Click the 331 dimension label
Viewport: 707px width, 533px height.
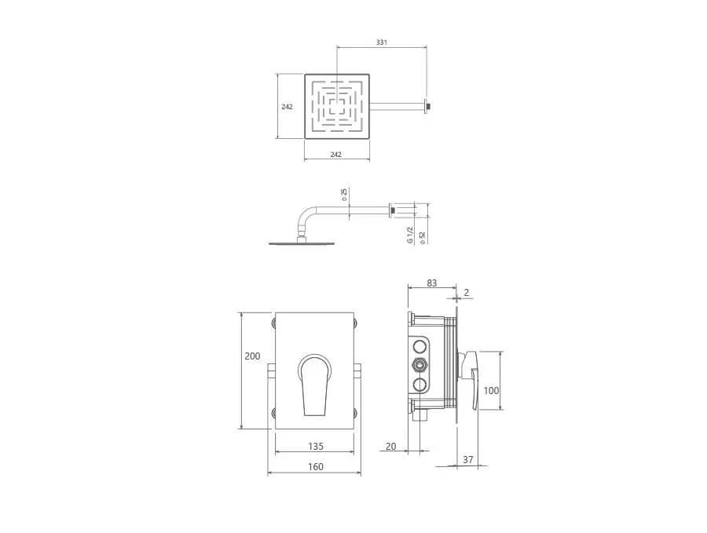tap(382, 42)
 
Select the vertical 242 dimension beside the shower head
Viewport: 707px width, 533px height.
tap(287, 107)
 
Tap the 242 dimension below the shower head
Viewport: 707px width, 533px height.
tap(336, 155)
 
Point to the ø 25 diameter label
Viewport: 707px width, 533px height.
tap(344, 195)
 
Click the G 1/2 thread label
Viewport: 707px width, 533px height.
tap(410, 235)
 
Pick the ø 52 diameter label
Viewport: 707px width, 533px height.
tap(422, 237)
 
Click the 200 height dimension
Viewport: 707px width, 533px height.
tap(252, 356)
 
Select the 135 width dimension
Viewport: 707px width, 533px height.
tap(316, 446)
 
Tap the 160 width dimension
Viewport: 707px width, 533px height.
tap(316, 466)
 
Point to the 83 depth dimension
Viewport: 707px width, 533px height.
tap(431, 283)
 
